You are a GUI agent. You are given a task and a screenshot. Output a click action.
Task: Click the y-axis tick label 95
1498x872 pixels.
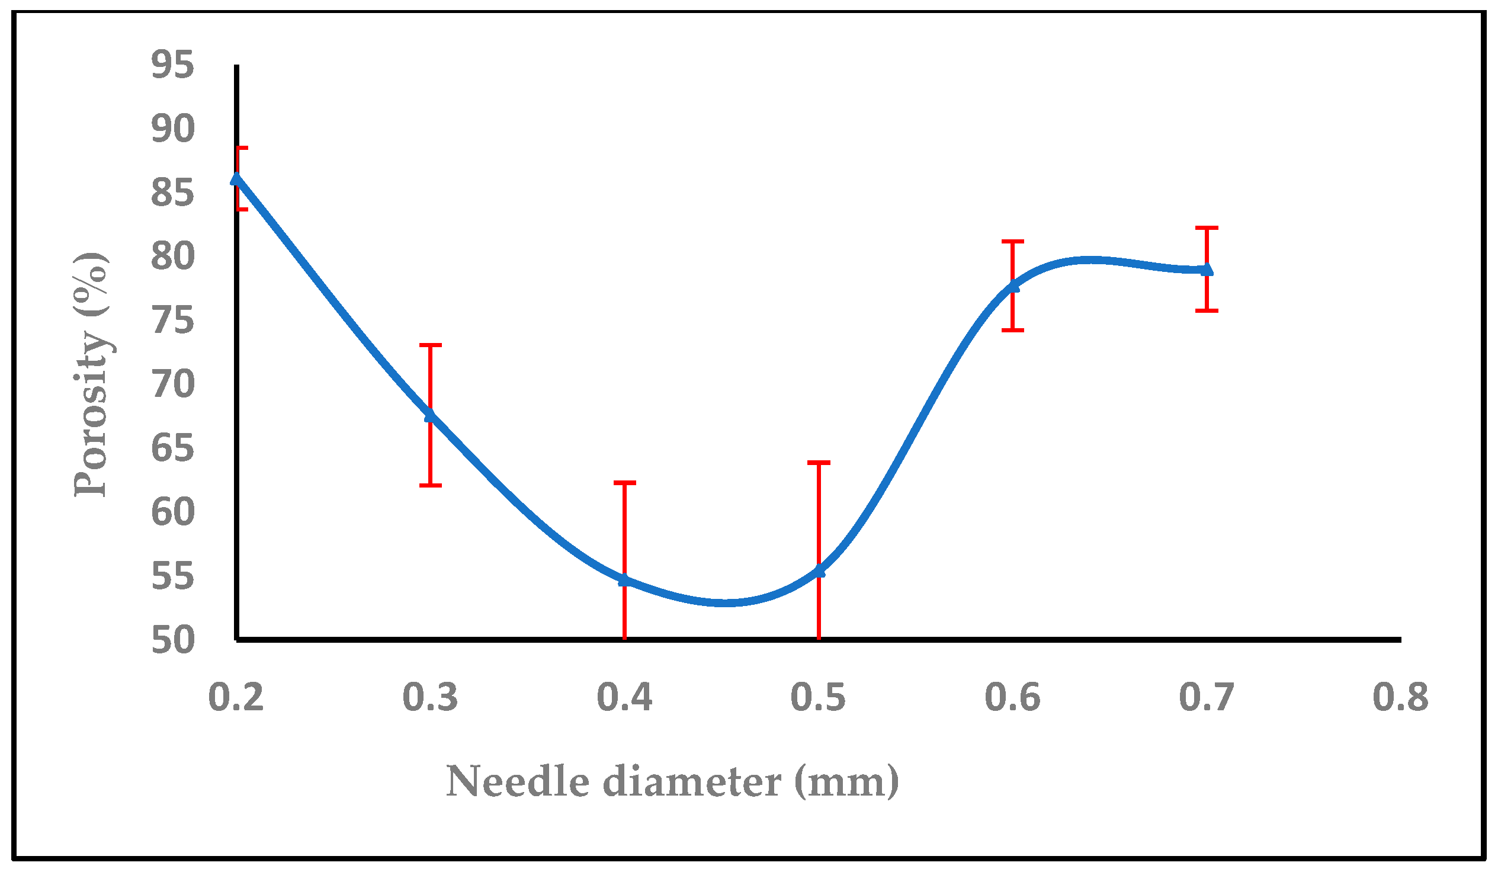tap(172, 65)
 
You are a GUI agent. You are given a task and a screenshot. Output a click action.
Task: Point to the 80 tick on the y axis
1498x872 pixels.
tap(172, 257)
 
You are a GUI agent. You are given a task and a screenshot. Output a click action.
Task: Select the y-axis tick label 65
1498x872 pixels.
tap(172, 449)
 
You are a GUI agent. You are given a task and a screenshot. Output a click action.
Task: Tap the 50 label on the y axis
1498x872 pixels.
tap(172, 641)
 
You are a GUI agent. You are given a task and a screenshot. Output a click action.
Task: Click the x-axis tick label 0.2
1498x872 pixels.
tap(236, 697)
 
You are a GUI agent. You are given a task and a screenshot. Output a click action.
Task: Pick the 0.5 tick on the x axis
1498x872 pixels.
tap(818, 697)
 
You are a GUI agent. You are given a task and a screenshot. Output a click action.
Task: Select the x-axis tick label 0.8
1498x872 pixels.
tap(1400, 697)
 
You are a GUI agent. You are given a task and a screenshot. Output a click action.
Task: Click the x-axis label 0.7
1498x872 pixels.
tap(1206, 697)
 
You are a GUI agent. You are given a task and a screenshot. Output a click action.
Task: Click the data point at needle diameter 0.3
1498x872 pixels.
tap(431, 415)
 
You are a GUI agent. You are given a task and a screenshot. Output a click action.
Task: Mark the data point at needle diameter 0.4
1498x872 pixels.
tap(624, 580)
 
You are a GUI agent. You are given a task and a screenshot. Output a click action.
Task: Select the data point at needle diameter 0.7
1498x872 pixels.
tap(1207, 270)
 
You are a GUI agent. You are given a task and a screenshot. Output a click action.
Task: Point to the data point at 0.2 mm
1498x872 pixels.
tap(236, 179)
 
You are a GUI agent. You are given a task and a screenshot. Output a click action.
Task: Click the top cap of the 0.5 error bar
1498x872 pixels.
tap(819, 463)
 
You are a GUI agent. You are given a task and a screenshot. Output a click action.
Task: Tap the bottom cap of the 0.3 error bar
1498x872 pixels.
tap(431, 486)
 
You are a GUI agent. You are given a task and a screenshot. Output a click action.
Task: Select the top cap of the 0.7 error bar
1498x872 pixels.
tap(1207, 227)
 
